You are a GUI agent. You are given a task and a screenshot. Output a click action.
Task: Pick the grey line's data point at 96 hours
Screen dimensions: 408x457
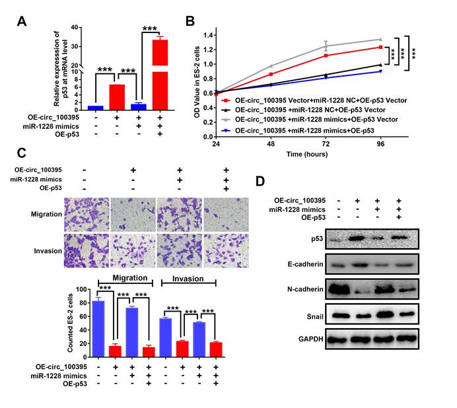[x=380, y=39]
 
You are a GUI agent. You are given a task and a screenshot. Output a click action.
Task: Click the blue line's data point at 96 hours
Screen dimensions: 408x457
[x=380, y=71]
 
